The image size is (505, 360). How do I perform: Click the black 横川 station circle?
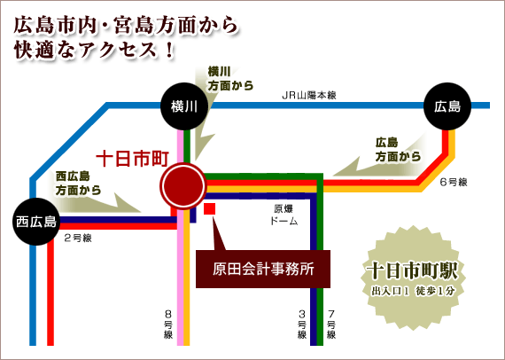184,106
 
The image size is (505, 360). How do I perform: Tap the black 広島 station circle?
447,106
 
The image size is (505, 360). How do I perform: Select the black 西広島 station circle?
36,222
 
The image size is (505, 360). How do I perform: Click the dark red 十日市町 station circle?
183,186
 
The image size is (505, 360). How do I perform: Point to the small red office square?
210,209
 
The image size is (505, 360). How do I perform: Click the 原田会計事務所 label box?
263,270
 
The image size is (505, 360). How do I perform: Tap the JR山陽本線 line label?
309,96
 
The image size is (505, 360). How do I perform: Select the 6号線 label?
454,182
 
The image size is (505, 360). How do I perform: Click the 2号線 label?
78,239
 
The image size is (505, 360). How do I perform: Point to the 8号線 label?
168,324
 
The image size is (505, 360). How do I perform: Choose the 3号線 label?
302,324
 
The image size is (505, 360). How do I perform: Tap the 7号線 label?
331,324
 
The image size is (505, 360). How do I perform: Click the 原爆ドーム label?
284,215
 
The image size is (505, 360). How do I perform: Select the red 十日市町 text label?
133,159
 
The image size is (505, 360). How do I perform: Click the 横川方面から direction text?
230,79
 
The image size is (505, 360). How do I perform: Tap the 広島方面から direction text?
399,150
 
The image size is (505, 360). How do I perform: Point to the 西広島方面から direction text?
78,183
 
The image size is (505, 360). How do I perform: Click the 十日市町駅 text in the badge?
413,271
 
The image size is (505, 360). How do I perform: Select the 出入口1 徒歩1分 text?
413,291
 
